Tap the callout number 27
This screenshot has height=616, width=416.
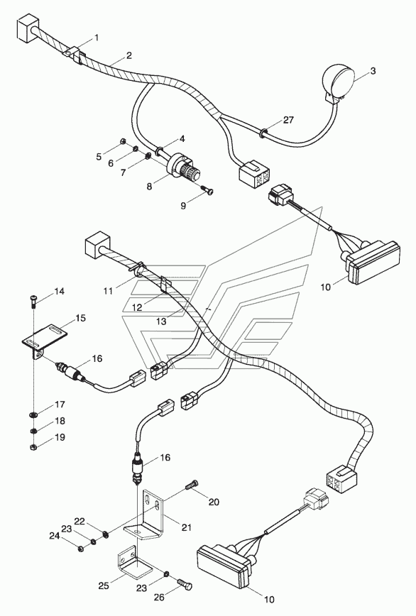click(x=288, y=120)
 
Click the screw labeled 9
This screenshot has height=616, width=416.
click(x=207, y=190)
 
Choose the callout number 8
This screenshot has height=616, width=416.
click(x=149, y=187)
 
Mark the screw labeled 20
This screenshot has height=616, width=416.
click(x=192, y=485)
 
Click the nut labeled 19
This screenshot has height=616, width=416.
click(x=33, y=446)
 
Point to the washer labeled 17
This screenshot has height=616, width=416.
click(x=33, y=414)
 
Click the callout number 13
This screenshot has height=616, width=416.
click(x=160, y=321)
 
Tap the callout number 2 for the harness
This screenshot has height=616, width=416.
click(x=128, y=56)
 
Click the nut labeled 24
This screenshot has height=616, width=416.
click(x=81, y=549)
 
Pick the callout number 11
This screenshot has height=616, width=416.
click(x=108, y=291)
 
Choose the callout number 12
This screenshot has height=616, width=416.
click(x=136, y=307)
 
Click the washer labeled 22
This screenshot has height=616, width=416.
click(x=105, y=534)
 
